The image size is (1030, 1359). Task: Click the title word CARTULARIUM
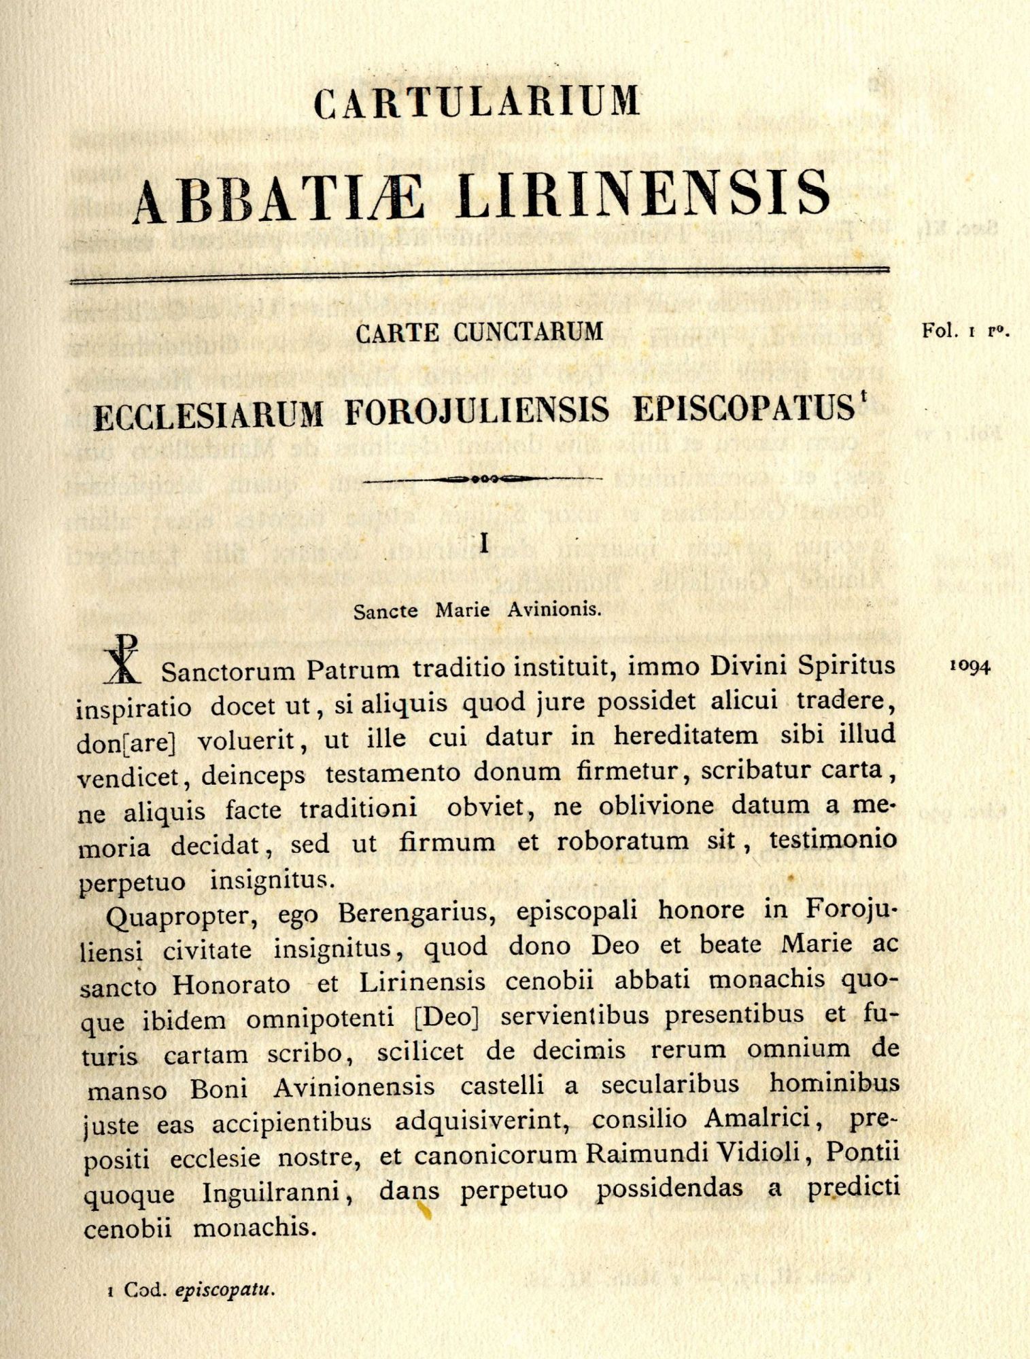(x=477, y=101)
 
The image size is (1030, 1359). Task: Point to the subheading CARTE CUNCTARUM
(x=480, y=332)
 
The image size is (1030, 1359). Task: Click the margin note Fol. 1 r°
(x=966, y=332)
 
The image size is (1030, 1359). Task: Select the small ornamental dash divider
(x=483, y=478)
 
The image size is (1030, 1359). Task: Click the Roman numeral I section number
(x=484, y=544)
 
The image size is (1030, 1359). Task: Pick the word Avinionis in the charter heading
(x=554, y=610)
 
